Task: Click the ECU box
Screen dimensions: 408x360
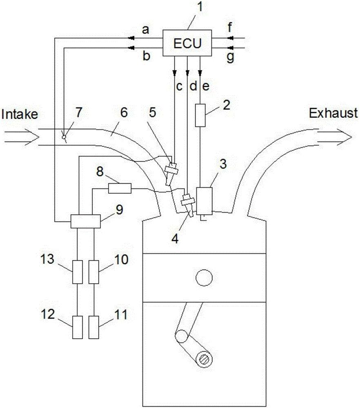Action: tap(187, 43)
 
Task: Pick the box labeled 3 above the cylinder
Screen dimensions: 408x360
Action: tap(204, 200)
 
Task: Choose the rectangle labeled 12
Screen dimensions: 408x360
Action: tap(78, 327)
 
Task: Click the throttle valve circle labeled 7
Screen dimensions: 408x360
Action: tap(63, 137)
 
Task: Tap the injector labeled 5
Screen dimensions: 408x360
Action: tap(170, 171)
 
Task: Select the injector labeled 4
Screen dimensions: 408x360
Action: tap(188, 203)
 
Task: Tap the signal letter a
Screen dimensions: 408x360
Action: tap(145, 30)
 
